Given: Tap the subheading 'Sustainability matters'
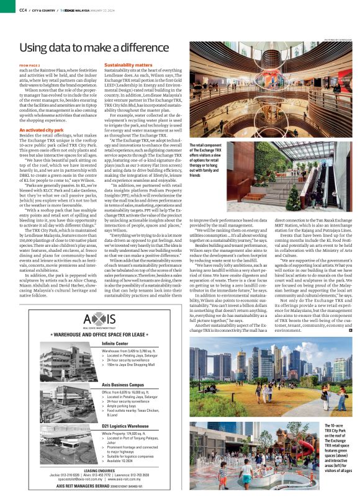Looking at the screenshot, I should coord(128,65).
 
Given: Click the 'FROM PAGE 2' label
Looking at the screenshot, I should coord(29,65).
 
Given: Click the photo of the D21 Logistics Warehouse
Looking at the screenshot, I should coord(65,445).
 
